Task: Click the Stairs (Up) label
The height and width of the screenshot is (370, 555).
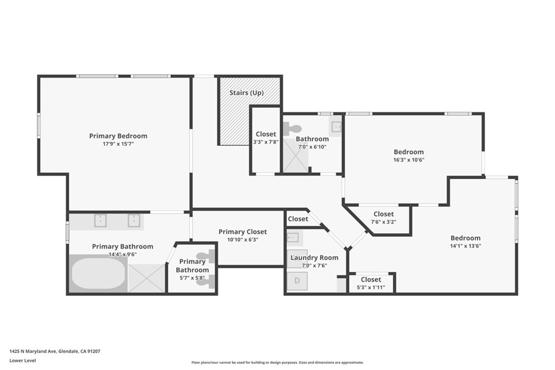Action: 247,93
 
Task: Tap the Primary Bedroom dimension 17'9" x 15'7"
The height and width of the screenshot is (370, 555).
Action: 118,144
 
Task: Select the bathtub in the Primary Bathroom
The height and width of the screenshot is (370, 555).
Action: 99,274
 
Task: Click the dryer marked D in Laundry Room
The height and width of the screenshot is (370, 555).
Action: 297,281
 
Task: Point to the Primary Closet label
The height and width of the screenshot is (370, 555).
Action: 242,232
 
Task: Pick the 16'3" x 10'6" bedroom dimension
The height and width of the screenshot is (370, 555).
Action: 409,159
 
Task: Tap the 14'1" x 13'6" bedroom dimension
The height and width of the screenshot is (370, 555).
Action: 466,246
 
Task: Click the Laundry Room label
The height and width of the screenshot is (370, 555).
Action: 314,257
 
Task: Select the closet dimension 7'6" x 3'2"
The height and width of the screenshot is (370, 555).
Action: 384,222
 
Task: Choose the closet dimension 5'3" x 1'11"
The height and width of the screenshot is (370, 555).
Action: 371,287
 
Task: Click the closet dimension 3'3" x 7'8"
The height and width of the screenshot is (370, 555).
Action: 266,142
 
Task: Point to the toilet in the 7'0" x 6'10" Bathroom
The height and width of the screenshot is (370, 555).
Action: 292,128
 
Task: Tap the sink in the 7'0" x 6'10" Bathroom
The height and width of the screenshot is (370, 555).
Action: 336,126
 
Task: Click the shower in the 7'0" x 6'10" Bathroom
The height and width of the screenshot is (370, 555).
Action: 295,155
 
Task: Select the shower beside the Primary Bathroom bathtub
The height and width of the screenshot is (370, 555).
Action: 147,278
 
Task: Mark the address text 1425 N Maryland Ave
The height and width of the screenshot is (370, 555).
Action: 33,351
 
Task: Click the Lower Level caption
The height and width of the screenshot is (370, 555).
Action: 23,360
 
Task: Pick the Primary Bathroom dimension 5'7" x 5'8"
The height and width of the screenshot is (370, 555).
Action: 192,278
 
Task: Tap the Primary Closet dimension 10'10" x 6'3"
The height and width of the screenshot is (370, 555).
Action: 242,239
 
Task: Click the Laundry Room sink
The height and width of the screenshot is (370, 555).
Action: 293,237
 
